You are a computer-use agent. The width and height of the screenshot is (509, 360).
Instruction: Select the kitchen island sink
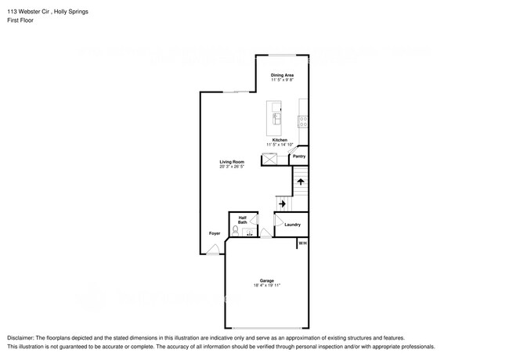coord(276,118)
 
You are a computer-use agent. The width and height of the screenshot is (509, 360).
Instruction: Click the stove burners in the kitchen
coord(302,121)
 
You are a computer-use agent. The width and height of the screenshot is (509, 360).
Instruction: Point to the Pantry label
coord(298,157)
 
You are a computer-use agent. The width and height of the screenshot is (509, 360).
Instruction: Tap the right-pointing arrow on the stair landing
coord(282,203)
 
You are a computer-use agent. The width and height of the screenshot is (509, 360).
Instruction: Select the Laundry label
coord(292,225)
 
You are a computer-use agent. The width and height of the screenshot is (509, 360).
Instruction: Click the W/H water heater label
coord(301,243)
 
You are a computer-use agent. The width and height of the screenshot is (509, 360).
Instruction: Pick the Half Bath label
coord(243,220)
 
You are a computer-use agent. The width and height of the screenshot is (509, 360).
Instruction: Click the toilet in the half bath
coord(236,231)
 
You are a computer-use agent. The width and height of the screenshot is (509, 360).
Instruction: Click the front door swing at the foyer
coord(213,250)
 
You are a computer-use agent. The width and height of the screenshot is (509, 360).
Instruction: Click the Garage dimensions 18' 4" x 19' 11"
coord(266,286)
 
